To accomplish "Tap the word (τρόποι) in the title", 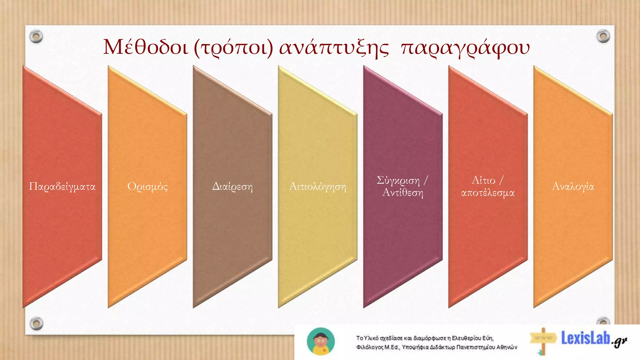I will point(233,47).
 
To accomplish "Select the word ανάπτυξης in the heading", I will point(334,47).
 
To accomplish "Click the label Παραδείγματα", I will point(62,187).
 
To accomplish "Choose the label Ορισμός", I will point(147,187).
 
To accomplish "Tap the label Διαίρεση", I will point(232,187).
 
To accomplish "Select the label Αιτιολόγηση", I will point(317,187).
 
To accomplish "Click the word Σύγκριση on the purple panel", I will point(398,181).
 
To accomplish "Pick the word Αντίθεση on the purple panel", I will point(403,192).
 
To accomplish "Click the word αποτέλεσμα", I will point(488,192).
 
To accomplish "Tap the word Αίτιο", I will point(483,180).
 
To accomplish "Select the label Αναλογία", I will point(573,186).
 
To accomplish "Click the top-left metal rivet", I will point(36,37).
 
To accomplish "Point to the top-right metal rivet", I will point(603,36).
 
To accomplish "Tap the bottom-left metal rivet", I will point(36,323).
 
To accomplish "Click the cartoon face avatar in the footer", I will point(321,341).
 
